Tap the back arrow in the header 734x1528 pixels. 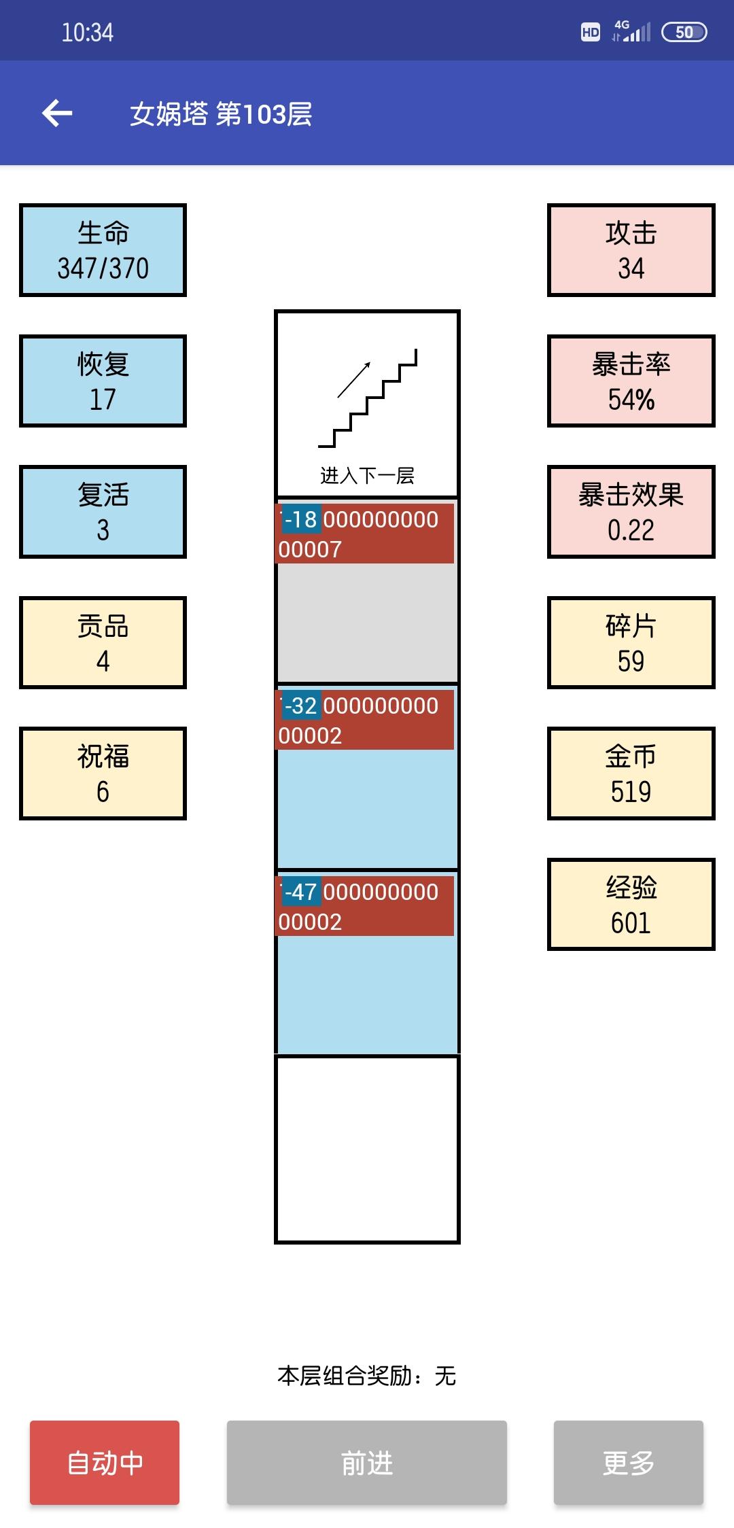pyautogui.click(x=57, y=113)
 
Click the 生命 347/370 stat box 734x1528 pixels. pyautogui.click(x=103, y=250)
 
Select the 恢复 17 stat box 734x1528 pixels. pyautogui.click(x=103, y=381)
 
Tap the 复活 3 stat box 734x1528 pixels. pyautogui.click(x=103, y=512)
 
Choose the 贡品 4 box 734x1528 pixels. pyautogui.click(x=103, y=642)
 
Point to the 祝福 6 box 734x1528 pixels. pyautogui.click(x=103, y=774)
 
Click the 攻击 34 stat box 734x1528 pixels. pyautogui.click(x=631, y=250)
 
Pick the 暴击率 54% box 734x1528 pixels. pyautogui.click(x=631, y=381)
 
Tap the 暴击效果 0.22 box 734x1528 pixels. pyautogui.click(x=631, y=512)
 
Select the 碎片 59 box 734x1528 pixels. pyautogui.click(x=631, y=642)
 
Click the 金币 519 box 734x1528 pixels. pyautogui.click(x=631, y=774)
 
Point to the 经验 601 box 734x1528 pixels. pyautogui.click(x=631, y=904)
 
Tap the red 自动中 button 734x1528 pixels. pyautogui.click(x=105, y=1462)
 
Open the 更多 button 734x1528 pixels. pyautogui.click(x=628, y=1462)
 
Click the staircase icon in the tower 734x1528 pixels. pyautogui.click(x=367, y=398)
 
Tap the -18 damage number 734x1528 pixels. pyautogui.click(x=301, y=520)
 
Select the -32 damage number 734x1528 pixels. pyautogui.click(x=301, y=706)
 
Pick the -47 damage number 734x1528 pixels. pyautogui.click(x=301, y=892)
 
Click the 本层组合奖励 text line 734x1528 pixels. pyautogui.click(x=367, y=1376)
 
